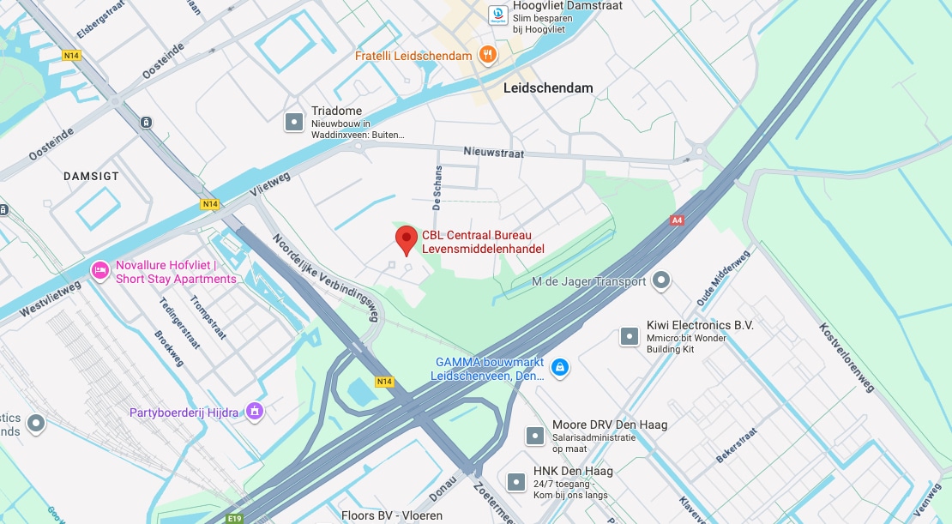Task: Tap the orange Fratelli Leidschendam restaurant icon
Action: click(x=488, y=55)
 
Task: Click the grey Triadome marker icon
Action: click(x=294, y=122)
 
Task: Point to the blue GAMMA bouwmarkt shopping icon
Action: click(x=559, y=368)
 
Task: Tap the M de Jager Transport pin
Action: click(x=661, y=280)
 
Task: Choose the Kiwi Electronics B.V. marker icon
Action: click(x=630, y=335)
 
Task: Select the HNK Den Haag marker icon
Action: click(x=516, y=482)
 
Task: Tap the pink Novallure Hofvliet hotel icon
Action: click(x=99, y=271)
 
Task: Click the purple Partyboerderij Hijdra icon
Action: click(x=253, y=413)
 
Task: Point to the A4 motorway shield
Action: click(x=677, y=220)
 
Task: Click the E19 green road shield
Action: click(x=234, y=518)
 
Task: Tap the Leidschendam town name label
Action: click(x=548, y=87)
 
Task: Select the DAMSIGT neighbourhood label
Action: click(x=91, y=176)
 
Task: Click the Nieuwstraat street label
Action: click(x=493, y=152)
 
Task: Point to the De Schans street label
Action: click(x=437, y=188)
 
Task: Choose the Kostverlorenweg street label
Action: click(x=847, y=358)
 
